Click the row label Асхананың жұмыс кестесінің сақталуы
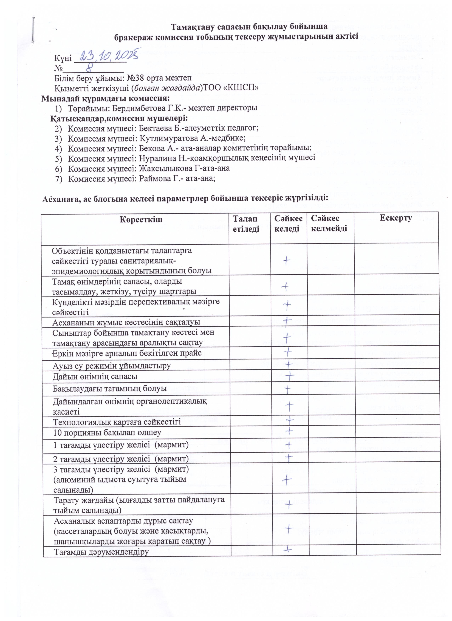126,322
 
